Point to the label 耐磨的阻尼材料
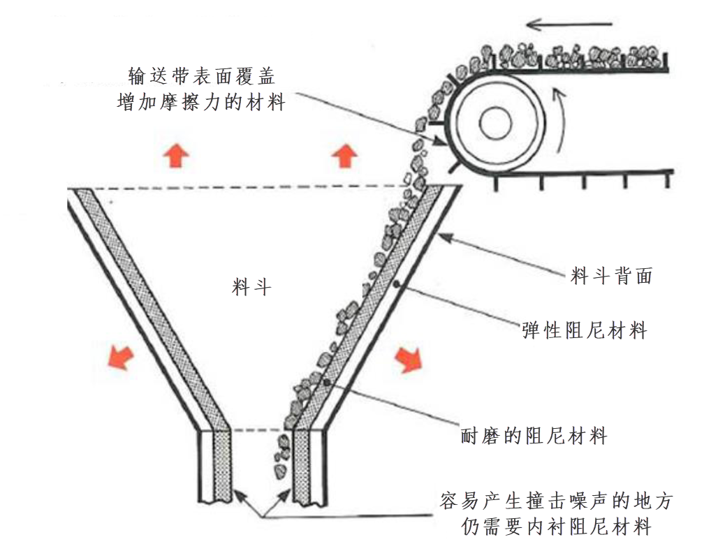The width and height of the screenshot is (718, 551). (534, 436)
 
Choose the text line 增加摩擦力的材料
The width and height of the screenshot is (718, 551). (200, 102)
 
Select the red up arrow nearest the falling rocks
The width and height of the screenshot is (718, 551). (344, 154)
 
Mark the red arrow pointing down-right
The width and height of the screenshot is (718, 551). (409, 358)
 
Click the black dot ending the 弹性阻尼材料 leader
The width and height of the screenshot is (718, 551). (397, 284)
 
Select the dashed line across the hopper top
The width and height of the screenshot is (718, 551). (237, 188)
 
